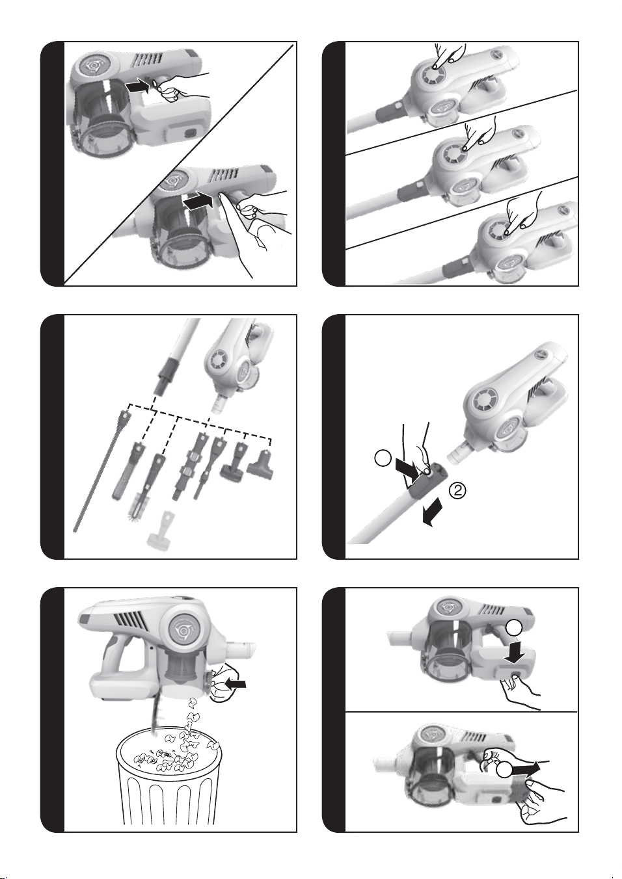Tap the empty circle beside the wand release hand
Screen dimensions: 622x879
[x=384, y=458]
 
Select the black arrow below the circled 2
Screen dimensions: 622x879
[x=433, y=516]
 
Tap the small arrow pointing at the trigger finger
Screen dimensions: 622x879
[x=137, y=86]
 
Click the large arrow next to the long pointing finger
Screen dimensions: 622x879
[x=198, y=202]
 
